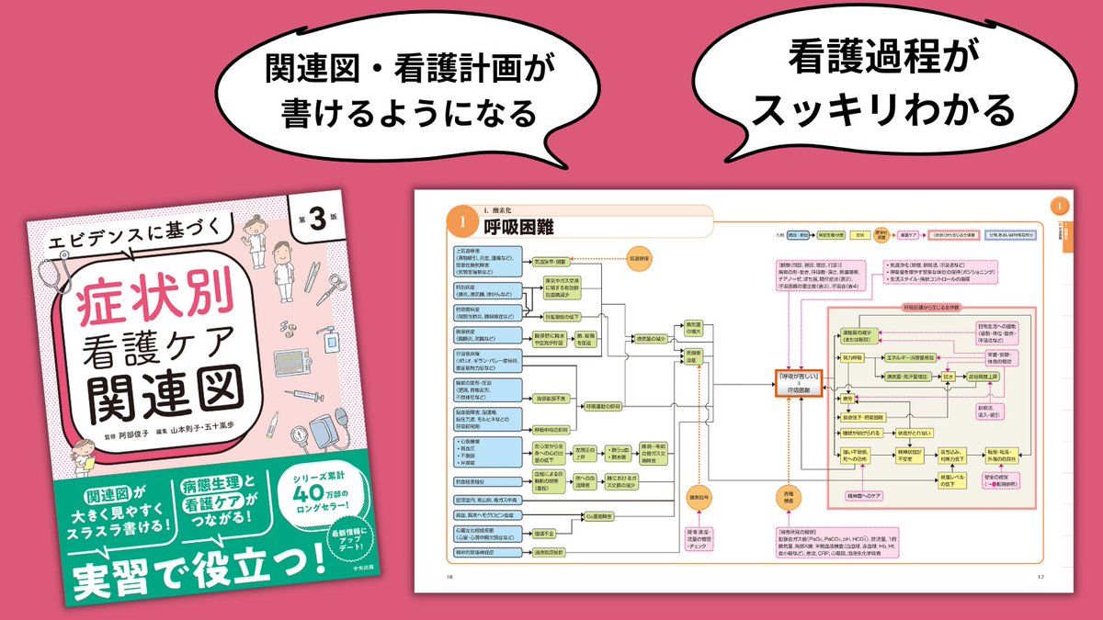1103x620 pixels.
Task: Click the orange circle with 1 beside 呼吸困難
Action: tap(462, 223)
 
